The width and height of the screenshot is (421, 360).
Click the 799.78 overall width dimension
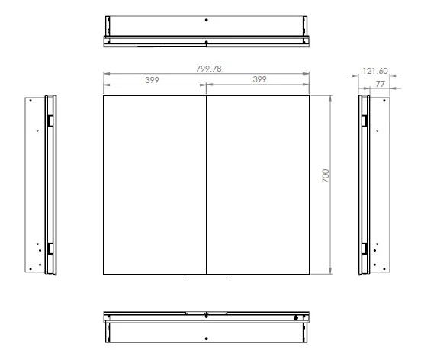pyautogui.click(x=209, y=69)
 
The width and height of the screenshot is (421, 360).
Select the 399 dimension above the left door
pyautogui.click(x=152, y=80)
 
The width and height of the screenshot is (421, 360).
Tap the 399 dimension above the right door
pyautogui.click(x=259, y=79)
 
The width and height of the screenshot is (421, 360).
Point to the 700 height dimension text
pyautogui.click(x=326, y=176)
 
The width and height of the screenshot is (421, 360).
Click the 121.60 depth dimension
pyautogui.click(x=375, y=71)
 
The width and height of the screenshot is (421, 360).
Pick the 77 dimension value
pyautogui.click(x=380, y=84)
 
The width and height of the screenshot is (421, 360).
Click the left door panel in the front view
pyautogui.click(x=155, y=185)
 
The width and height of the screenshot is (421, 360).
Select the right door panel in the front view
pyautogui.click(x=258, y=185)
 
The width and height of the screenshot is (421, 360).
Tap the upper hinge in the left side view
pyautogui.click(x=50, y=121)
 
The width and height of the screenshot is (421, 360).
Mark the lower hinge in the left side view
pyautogui.click(x=50, y=249)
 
